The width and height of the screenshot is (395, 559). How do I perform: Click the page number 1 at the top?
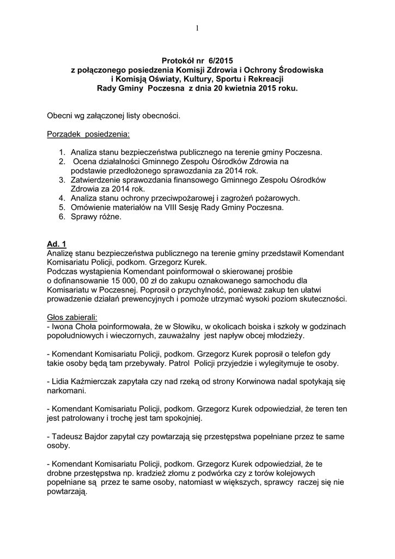coord(197,28)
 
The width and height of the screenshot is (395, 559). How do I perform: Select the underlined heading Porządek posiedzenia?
coord(88,134)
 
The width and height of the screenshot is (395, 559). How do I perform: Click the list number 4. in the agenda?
coord(63,198)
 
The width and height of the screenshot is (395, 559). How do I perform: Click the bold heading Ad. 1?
coord(57,243)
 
